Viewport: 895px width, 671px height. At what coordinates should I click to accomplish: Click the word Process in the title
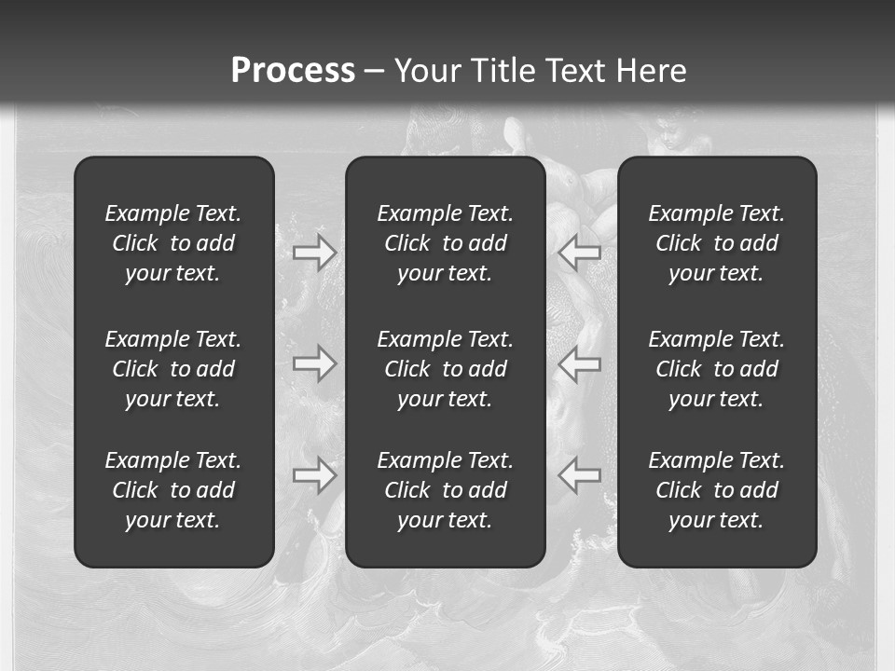[x=293, y=71]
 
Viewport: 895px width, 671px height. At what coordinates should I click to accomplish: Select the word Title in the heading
[x=504, y=71]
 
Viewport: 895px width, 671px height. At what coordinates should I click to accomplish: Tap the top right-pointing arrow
[x=315, y=253]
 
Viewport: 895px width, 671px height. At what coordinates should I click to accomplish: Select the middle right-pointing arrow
[x=315, y=363]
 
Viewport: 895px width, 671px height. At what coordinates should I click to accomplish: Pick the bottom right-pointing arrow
[x=315, y=475]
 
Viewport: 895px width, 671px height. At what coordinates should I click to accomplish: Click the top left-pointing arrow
[x=579, y=253]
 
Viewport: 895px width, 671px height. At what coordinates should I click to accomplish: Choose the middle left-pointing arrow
[x=579, y=363]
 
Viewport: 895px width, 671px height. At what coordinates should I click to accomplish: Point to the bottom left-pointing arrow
[x=579, y=475]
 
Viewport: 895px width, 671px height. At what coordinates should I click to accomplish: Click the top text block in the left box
[x=173, y=243]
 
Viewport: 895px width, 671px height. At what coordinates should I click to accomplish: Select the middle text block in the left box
[x=173, y=369]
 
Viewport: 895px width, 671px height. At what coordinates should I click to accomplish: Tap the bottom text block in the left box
[x=173, y=490]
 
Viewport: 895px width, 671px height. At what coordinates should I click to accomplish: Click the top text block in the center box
[x=445, y=243]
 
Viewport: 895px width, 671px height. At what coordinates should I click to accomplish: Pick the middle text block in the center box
[x=445, y=369]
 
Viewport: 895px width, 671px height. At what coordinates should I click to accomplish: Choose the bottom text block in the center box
[x=445, y=490]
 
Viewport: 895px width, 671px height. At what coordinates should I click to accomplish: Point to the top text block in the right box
[x=716, y=243]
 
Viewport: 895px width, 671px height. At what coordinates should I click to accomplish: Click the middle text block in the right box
[x=716, y=369]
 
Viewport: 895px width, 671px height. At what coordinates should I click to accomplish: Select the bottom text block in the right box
[x=716, y=490]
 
